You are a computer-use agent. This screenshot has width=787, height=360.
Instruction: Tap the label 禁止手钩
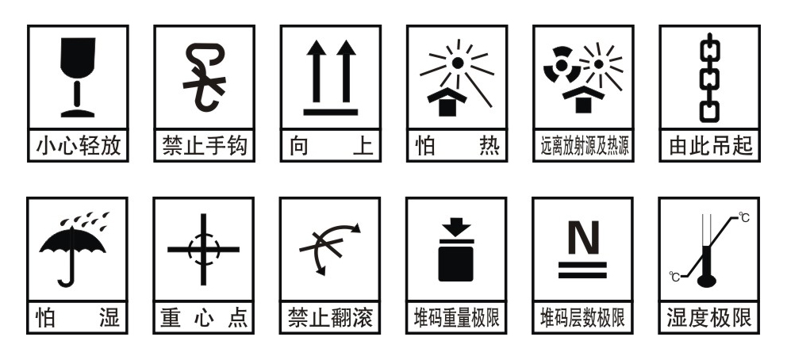(x=204, y=146)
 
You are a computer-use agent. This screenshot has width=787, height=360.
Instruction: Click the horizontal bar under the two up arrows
(x=331, y=113)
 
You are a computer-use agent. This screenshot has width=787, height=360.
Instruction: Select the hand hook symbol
(x=204, y=77)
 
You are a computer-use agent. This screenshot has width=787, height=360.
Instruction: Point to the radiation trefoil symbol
(x=562, y=65)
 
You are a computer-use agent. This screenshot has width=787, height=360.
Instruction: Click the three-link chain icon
(x=709, y=78)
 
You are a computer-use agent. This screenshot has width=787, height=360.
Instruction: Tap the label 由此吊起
(x=710, y=146)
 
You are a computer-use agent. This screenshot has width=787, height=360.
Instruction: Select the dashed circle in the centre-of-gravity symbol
(x=204, y=250)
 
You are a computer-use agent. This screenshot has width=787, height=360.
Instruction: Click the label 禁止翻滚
(x=330, y=318)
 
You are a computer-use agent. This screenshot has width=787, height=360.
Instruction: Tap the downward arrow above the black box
(x=455, y=227)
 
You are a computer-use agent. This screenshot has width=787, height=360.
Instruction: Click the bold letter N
(x=583, y=238)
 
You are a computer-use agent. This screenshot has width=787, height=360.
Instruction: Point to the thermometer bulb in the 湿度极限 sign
(x=707, y=281)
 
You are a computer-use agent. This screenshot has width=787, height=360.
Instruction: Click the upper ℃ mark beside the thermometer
(x=744, y=217)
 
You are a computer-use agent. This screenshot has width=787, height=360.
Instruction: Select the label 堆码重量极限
(x=457, y=318)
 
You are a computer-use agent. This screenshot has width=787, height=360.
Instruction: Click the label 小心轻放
(x=79, y=146)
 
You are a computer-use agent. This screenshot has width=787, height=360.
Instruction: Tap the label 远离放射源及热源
(x=584, y=146)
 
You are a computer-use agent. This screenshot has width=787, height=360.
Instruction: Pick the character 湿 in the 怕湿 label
(x=110, y=318)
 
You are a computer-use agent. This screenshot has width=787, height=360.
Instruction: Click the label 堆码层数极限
(x=583, y=318)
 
